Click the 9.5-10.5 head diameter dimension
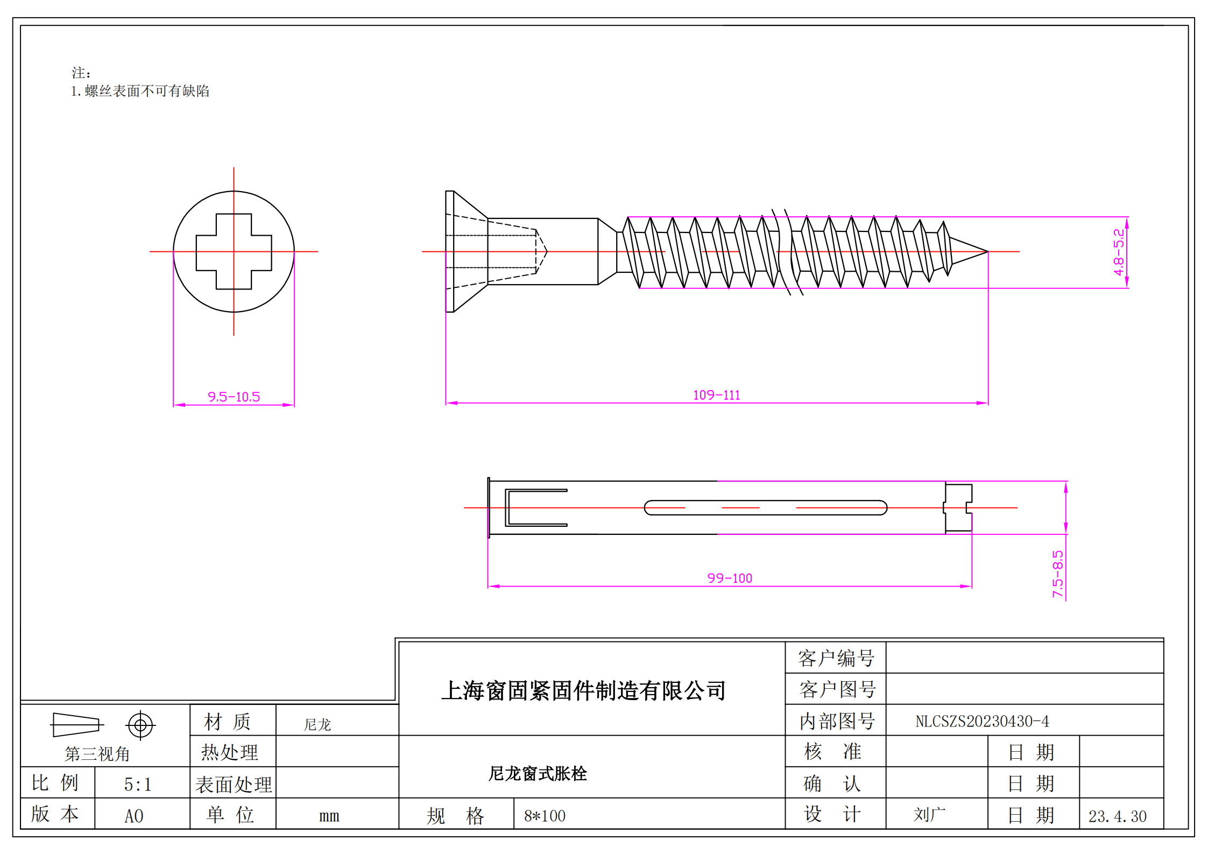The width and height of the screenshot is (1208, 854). (x=234, y=397)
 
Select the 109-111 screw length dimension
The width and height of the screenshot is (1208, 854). (x=716, y=395)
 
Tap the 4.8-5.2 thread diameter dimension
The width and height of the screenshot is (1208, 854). (x=1119, y=252)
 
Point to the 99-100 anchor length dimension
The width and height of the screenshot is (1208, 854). (x=730, y=578)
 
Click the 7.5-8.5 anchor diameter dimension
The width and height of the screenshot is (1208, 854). (x=1058, y=574)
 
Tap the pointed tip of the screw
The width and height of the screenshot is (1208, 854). (x=988, y=251)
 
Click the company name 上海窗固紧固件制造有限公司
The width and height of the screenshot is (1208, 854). (x=583, y=690)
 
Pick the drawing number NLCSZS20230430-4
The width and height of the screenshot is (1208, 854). (x=982, y=721)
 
